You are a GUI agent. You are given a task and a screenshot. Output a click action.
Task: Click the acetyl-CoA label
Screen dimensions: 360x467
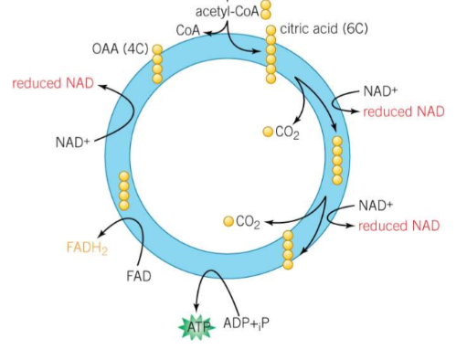point(227,11)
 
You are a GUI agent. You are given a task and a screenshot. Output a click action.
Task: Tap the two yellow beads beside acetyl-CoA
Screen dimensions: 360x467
point(267,9)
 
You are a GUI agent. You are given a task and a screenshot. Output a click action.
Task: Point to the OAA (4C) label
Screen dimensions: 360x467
point(120,48)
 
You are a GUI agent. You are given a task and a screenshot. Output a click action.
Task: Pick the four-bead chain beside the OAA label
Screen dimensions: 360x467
point(157,64)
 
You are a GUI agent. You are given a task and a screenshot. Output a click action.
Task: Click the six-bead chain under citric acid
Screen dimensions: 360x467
point(271,53)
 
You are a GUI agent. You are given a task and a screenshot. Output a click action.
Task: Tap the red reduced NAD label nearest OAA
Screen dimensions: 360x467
point(52,83)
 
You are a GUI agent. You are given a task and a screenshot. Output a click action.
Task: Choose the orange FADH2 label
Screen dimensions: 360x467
point(89,248)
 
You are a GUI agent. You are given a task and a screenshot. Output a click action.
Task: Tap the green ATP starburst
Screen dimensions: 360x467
point(197,326)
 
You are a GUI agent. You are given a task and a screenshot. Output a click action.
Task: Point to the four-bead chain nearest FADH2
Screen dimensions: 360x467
point(124,191)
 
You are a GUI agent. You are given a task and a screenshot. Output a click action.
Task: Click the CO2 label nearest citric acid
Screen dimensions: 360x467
point(287,132)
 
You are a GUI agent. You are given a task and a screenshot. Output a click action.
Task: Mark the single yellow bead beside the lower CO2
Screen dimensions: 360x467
point(228,221)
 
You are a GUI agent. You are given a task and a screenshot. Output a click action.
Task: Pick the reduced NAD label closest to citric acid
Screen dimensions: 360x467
point(403,111)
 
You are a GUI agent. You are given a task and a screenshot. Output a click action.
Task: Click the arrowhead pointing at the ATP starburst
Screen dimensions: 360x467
point(197,308)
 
